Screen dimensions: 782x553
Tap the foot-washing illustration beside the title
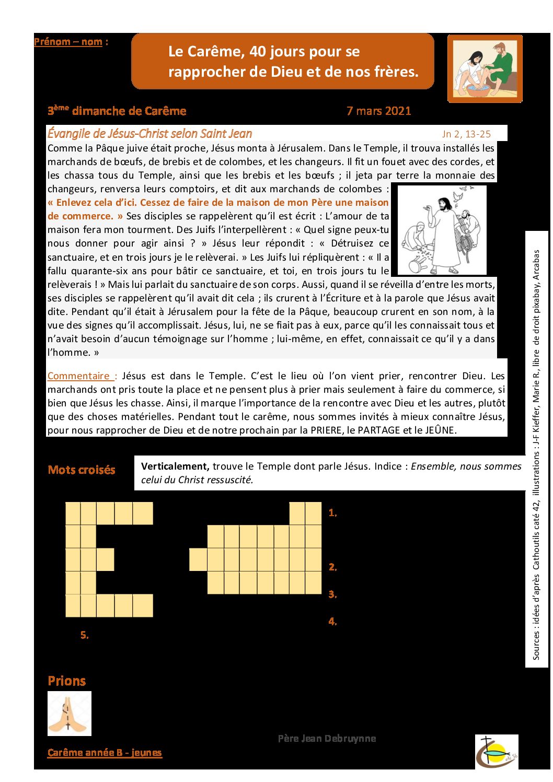(x=485, y=68)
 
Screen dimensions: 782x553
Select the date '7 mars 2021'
(x=378, y=111)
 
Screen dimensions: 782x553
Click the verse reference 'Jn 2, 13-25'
(x=466, y=134)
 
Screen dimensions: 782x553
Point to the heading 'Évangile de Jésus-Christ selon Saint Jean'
(x=149, y=133)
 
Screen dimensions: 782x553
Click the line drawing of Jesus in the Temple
(x=439, y=230)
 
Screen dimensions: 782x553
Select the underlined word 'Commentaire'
(x=78, y=376)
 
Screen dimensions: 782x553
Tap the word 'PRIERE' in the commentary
(x=326, y=430)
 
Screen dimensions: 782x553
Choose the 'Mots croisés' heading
(x=82, y=470)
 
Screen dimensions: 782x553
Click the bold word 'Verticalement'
(x=175, y=466)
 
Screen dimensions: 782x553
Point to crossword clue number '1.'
(x=332, y=513)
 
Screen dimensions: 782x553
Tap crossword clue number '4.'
(x=332, y=621)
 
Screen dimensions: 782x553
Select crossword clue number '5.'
(x=84, y=635)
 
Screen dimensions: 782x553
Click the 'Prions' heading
(x=66, y=681)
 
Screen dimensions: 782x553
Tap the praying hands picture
(x=69, y=713)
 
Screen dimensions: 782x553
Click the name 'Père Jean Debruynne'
(x=327, y=738)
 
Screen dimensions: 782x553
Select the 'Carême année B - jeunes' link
(x=105, y=752)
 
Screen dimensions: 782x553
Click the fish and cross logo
(x=496, y=751)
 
